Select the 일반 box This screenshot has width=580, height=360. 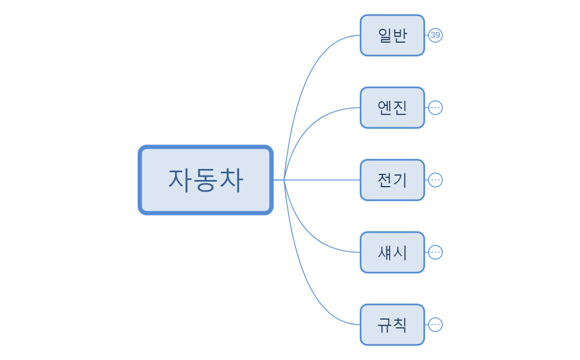[x=392, y=35]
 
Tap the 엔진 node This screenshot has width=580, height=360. [x=392, y=107]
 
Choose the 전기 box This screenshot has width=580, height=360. [x=392, y=180]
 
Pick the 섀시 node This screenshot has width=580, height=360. [x=392, y=252]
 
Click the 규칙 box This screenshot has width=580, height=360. [x=392, y=325]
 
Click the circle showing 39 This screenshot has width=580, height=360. [x=436, y=35]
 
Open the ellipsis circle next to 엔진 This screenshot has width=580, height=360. [x=436, y=107]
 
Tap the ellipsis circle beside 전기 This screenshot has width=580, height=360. [x=436, y=180]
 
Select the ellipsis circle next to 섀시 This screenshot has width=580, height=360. [x=436, y=252]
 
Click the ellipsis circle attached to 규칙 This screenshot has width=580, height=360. [x=436, y=325]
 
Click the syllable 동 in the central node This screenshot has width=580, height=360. [x=205, y=180]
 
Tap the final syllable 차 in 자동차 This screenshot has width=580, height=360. [x=231, y=180]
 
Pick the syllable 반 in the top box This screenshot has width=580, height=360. [x=400, y=35]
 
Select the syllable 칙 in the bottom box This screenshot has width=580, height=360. [x=400, y=325]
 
